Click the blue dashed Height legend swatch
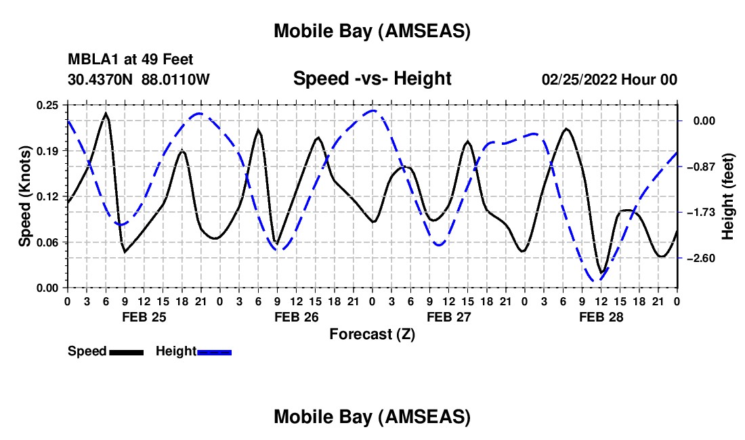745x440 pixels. (x=214, y=352)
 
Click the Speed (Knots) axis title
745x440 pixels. (x=25, y=196)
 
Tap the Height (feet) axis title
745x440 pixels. (x=729, y=196)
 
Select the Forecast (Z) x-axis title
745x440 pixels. (x=372, y=334)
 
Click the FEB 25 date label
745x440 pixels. (x=144, y=317)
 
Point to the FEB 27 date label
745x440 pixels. (x=448, y=317)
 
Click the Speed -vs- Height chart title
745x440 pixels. (x=372, y=79)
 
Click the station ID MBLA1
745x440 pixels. (x=88, y=60)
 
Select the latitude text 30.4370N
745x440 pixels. (x=102, y=79)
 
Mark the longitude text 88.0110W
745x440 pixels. (x=176, y=79)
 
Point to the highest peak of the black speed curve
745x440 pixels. (x=106, y=113)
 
